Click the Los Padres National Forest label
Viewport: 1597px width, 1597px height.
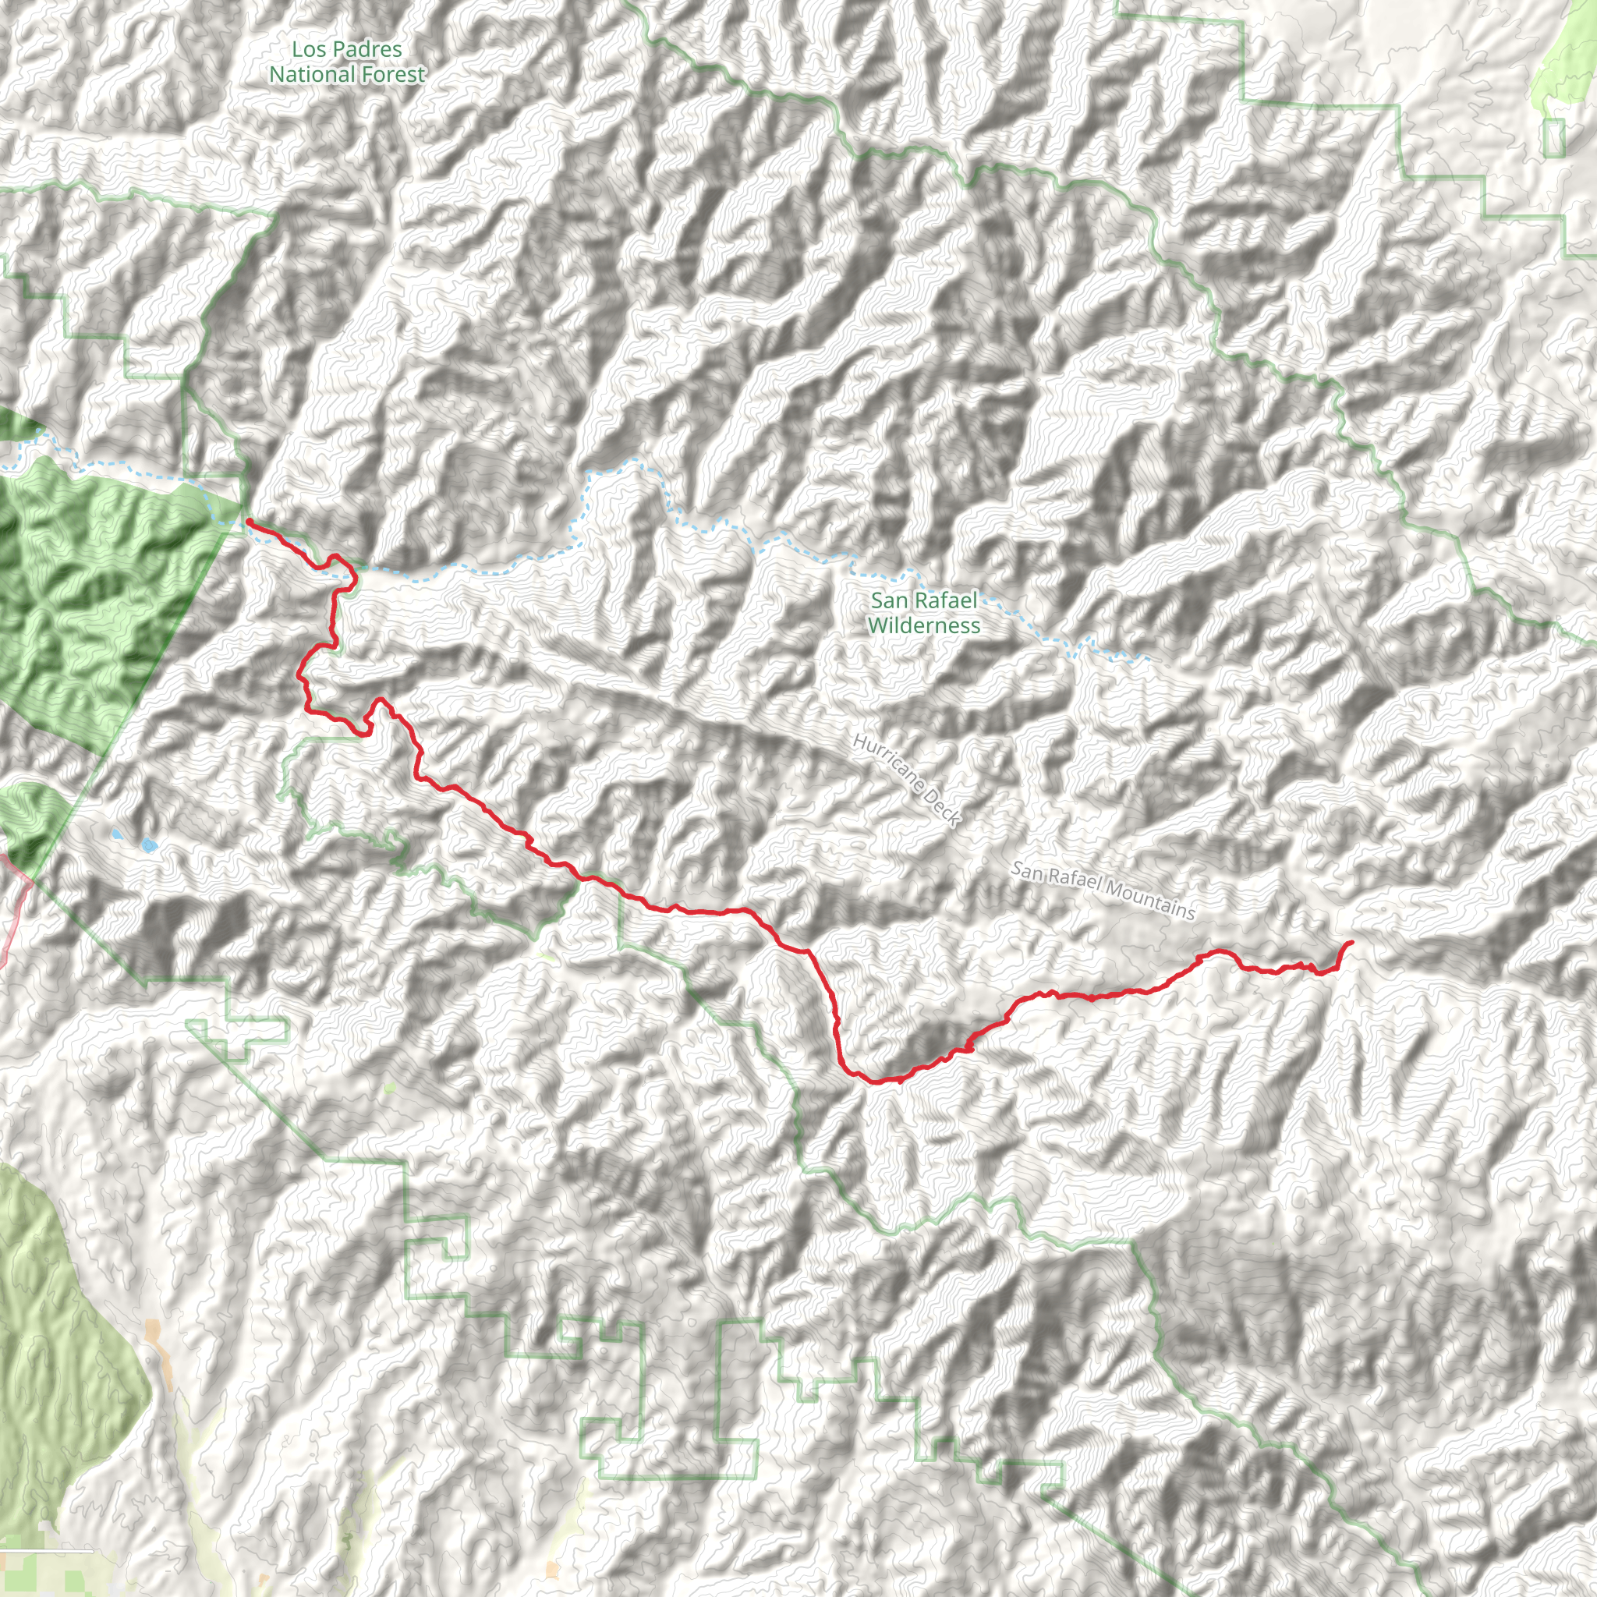(347, 62)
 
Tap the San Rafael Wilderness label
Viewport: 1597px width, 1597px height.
(923, 612)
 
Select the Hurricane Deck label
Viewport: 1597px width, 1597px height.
(907, 780)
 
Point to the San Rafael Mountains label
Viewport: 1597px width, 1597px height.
(1103, 891)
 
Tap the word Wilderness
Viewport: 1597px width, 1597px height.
(923, 625)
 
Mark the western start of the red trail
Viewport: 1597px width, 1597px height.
(248, 521)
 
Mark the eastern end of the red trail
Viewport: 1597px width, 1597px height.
(1351, 942)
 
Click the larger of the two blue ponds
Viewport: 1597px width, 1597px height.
(148, 845)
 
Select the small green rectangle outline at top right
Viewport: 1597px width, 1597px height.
(1554, 138)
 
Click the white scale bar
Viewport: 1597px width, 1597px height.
(46, 1552)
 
